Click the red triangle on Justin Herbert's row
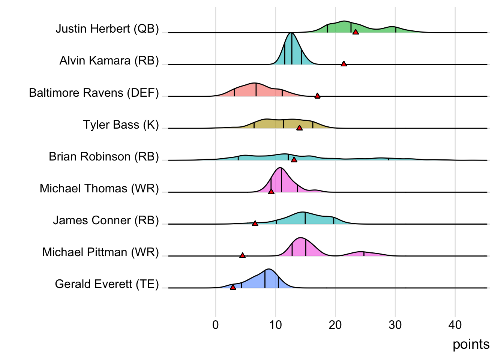(355, 32)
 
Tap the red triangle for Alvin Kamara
(343, 64)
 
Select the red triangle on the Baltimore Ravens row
(317, 96)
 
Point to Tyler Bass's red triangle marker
(299, 128)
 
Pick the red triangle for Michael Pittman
(242, 255)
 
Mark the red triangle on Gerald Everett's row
(233, 287)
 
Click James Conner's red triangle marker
(255, 223)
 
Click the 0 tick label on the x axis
(215, 325)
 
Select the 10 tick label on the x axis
(275, 325)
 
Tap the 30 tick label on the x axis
(395, 325)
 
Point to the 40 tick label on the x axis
(455, 325)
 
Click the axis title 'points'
(471, 344)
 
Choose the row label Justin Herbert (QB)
(107, 28)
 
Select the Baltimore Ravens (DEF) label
(94, 93)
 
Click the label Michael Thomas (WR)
(99, 188)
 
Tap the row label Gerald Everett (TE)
(107, 284)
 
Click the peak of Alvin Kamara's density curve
(291, 34)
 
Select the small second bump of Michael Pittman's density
(361, 252)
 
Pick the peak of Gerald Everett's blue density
(268, 270)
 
